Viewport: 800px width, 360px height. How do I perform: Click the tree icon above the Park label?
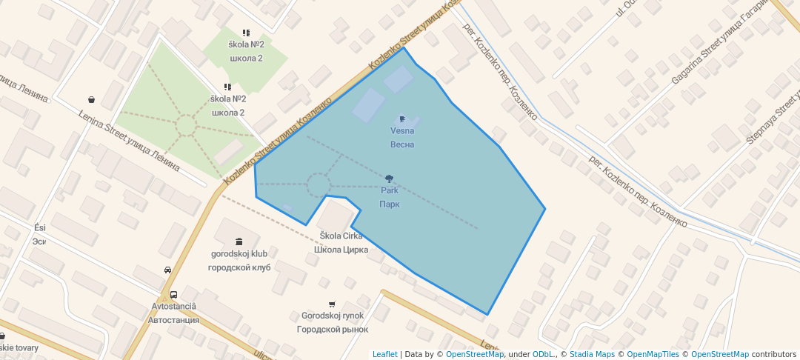389,179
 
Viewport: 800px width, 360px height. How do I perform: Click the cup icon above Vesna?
401,118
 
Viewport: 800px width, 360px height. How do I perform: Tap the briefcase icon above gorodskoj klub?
239,241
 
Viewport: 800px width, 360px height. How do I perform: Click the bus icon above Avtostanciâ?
173,294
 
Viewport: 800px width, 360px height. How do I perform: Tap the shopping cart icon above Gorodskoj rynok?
331,304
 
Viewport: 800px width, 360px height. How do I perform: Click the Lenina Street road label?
129,140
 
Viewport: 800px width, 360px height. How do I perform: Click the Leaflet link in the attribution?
384,354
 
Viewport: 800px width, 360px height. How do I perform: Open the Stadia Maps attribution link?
592,354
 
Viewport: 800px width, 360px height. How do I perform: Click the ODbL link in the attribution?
544,354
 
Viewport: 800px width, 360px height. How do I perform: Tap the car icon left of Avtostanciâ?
167,270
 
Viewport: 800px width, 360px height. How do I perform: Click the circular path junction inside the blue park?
319,184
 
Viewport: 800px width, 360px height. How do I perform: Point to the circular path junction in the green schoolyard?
185,126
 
